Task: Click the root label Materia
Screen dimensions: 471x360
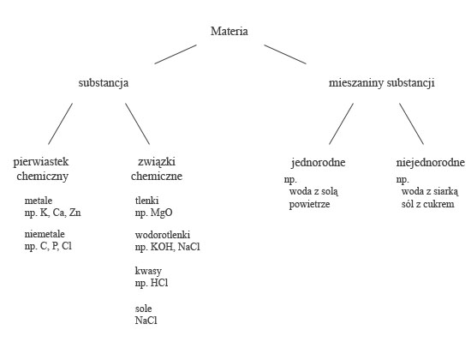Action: pyautogui.click(x=230, y=31)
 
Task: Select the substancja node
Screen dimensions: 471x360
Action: pyautogui.click(x=104, y=82)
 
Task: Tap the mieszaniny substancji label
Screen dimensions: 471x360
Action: pyautogui.click(x=381, y=82)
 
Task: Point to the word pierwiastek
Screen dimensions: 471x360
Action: pyautogui.click(x=41, y=162)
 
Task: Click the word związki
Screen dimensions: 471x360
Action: pyautogui.click(x=157, y=162)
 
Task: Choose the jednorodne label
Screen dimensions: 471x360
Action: pyautogui.click(x=319, y=163)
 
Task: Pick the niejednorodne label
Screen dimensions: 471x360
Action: pyautogui.click(x=431, y=163)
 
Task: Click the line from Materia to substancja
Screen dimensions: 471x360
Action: pyautogui.click(x=176, y=55)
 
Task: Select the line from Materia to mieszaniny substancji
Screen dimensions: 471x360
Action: pyautogui.click(x=285, y=55)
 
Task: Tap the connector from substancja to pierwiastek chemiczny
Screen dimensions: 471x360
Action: pyautogui.click(x=61, y=124)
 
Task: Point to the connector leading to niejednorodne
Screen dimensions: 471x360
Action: pyautogui.click(x=412, y=124)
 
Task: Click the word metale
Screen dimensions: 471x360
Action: pyautogui.click(x=39, y=201)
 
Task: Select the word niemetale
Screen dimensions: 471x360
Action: pyautogui.click(x=45, y=234)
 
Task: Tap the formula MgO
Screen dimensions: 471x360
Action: pyautogui.click(x=162, y=213)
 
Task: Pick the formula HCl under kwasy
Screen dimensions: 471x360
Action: pyautogui.click(x=159, y=283)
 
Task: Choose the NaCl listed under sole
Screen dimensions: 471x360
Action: pyautogui.click(x=146, y=321)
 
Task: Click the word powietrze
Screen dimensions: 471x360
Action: pyautogui.click(x=310, y=205)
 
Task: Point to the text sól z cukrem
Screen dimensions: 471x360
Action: pyautogui.click(x=427, y=204)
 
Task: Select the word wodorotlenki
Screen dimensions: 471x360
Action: pyautogui.click(x=163, y=235)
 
